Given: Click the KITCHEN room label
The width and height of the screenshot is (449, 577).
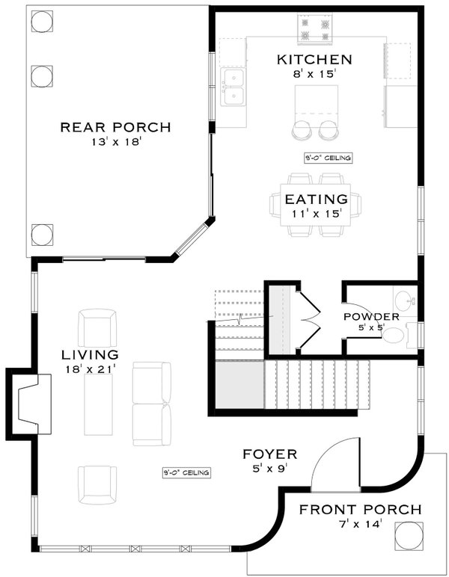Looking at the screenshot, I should point(314,60).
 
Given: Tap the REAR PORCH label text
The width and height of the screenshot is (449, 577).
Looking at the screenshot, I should point(115,127).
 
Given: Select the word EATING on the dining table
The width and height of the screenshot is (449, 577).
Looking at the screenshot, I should point(316,200).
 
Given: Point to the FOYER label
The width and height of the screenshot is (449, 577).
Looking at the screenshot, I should point(270,454).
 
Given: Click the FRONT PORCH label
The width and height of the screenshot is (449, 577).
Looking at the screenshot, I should point(360,510).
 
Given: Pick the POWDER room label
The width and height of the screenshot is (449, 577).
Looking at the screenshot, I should point(370,317).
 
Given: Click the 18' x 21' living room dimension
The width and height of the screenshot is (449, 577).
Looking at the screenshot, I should point(91,368).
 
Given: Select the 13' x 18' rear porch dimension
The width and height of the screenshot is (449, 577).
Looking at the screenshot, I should point(115,142).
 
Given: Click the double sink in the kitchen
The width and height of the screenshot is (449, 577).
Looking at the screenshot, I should point(233,87).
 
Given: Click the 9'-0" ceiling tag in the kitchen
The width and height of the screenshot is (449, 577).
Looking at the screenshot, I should point(328,158).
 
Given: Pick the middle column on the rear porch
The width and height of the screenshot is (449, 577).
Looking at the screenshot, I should point(41,75).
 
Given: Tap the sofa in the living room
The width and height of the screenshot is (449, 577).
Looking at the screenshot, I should point(151,403).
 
